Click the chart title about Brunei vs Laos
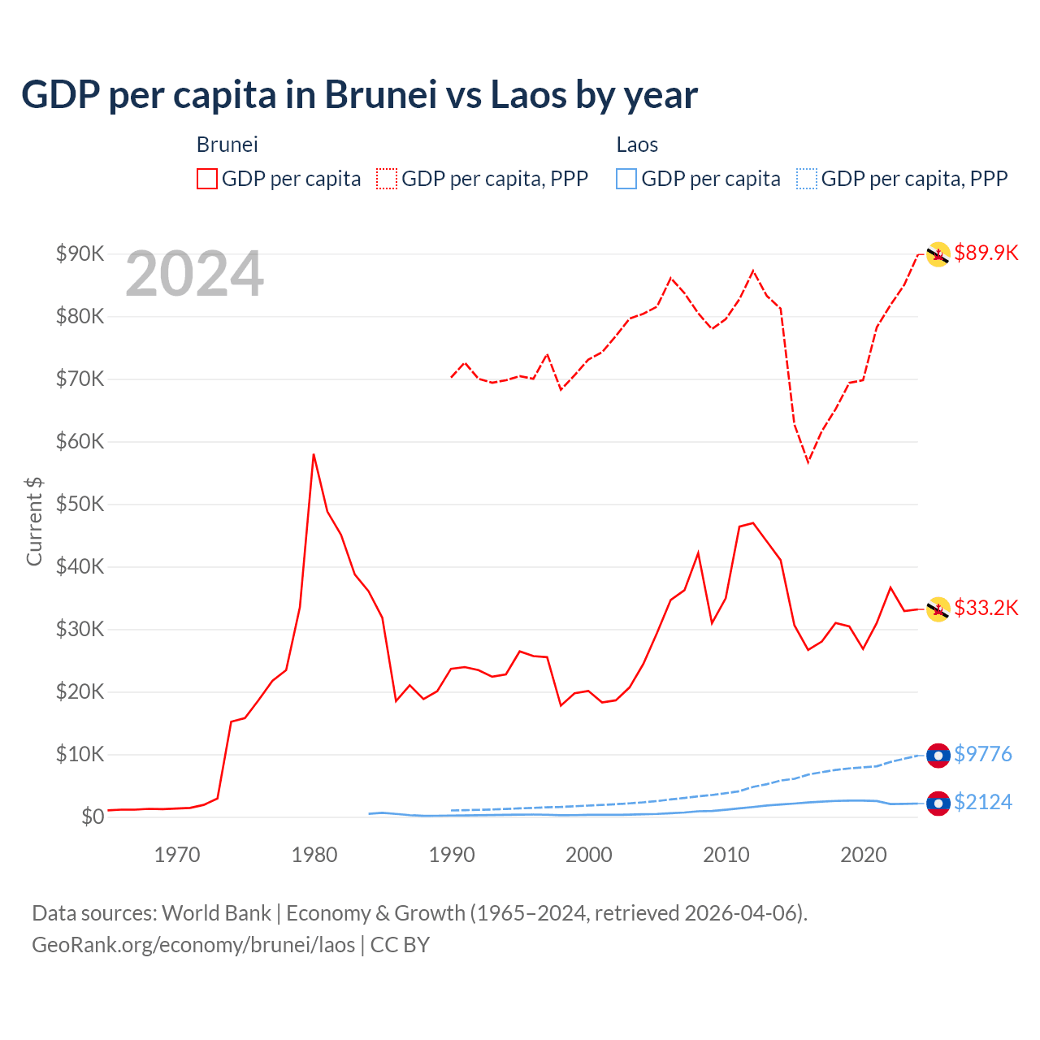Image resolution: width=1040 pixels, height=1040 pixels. tap(359, 95)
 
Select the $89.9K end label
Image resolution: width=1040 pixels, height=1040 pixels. tap(986, 253)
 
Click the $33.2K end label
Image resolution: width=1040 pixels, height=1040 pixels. tap(986, 608)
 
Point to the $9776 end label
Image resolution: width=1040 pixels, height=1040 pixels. tap(983, 754)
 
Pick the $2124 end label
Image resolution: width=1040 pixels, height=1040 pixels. tap(983, 802)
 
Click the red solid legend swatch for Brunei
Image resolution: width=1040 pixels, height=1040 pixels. tap(207, 179)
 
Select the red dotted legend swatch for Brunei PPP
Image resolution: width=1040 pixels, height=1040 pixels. tap(387, 179)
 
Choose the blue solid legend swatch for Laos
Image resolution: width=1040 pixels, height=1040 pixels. tap(626, 179)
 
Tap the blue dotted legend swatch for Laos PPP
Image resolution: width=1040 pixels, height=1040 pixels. tap(807, 179)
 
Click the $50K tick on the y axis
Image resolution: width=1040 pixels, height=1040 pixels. tap(80, 504)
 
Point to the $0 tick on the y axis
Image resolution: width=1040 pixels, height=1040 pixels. tap(93, 817)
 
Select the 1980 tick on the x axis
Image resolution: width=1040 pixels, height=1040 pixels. tap(314, 855)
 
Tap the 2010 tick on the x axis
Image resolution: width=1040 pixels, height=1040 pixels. tap(726, 855)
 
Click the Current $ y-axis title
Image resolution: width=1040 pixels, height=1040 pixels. tap(34, 521)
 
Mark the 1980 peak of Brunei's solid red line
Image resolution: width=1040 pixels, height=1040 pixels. tap(314, 455)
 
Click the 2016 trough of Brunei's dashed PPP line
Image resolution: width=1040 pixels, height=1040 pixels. tap(808, 461)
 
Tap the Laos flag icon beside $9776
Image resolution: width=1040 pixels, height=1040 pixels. tap(938, 755)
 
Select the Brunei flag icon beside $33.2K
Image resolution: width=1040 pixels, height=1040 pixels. tap(938, 609)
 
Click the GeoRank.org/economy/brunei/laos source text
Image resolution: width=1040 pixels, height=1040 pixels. tap(193, 945)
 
